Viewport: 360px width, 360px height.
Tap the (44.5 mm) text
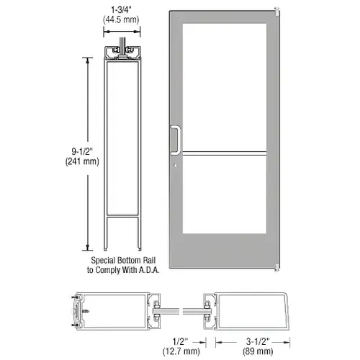click(120, 22)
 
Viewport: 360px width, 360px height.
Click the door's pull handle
click(174, 140)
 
